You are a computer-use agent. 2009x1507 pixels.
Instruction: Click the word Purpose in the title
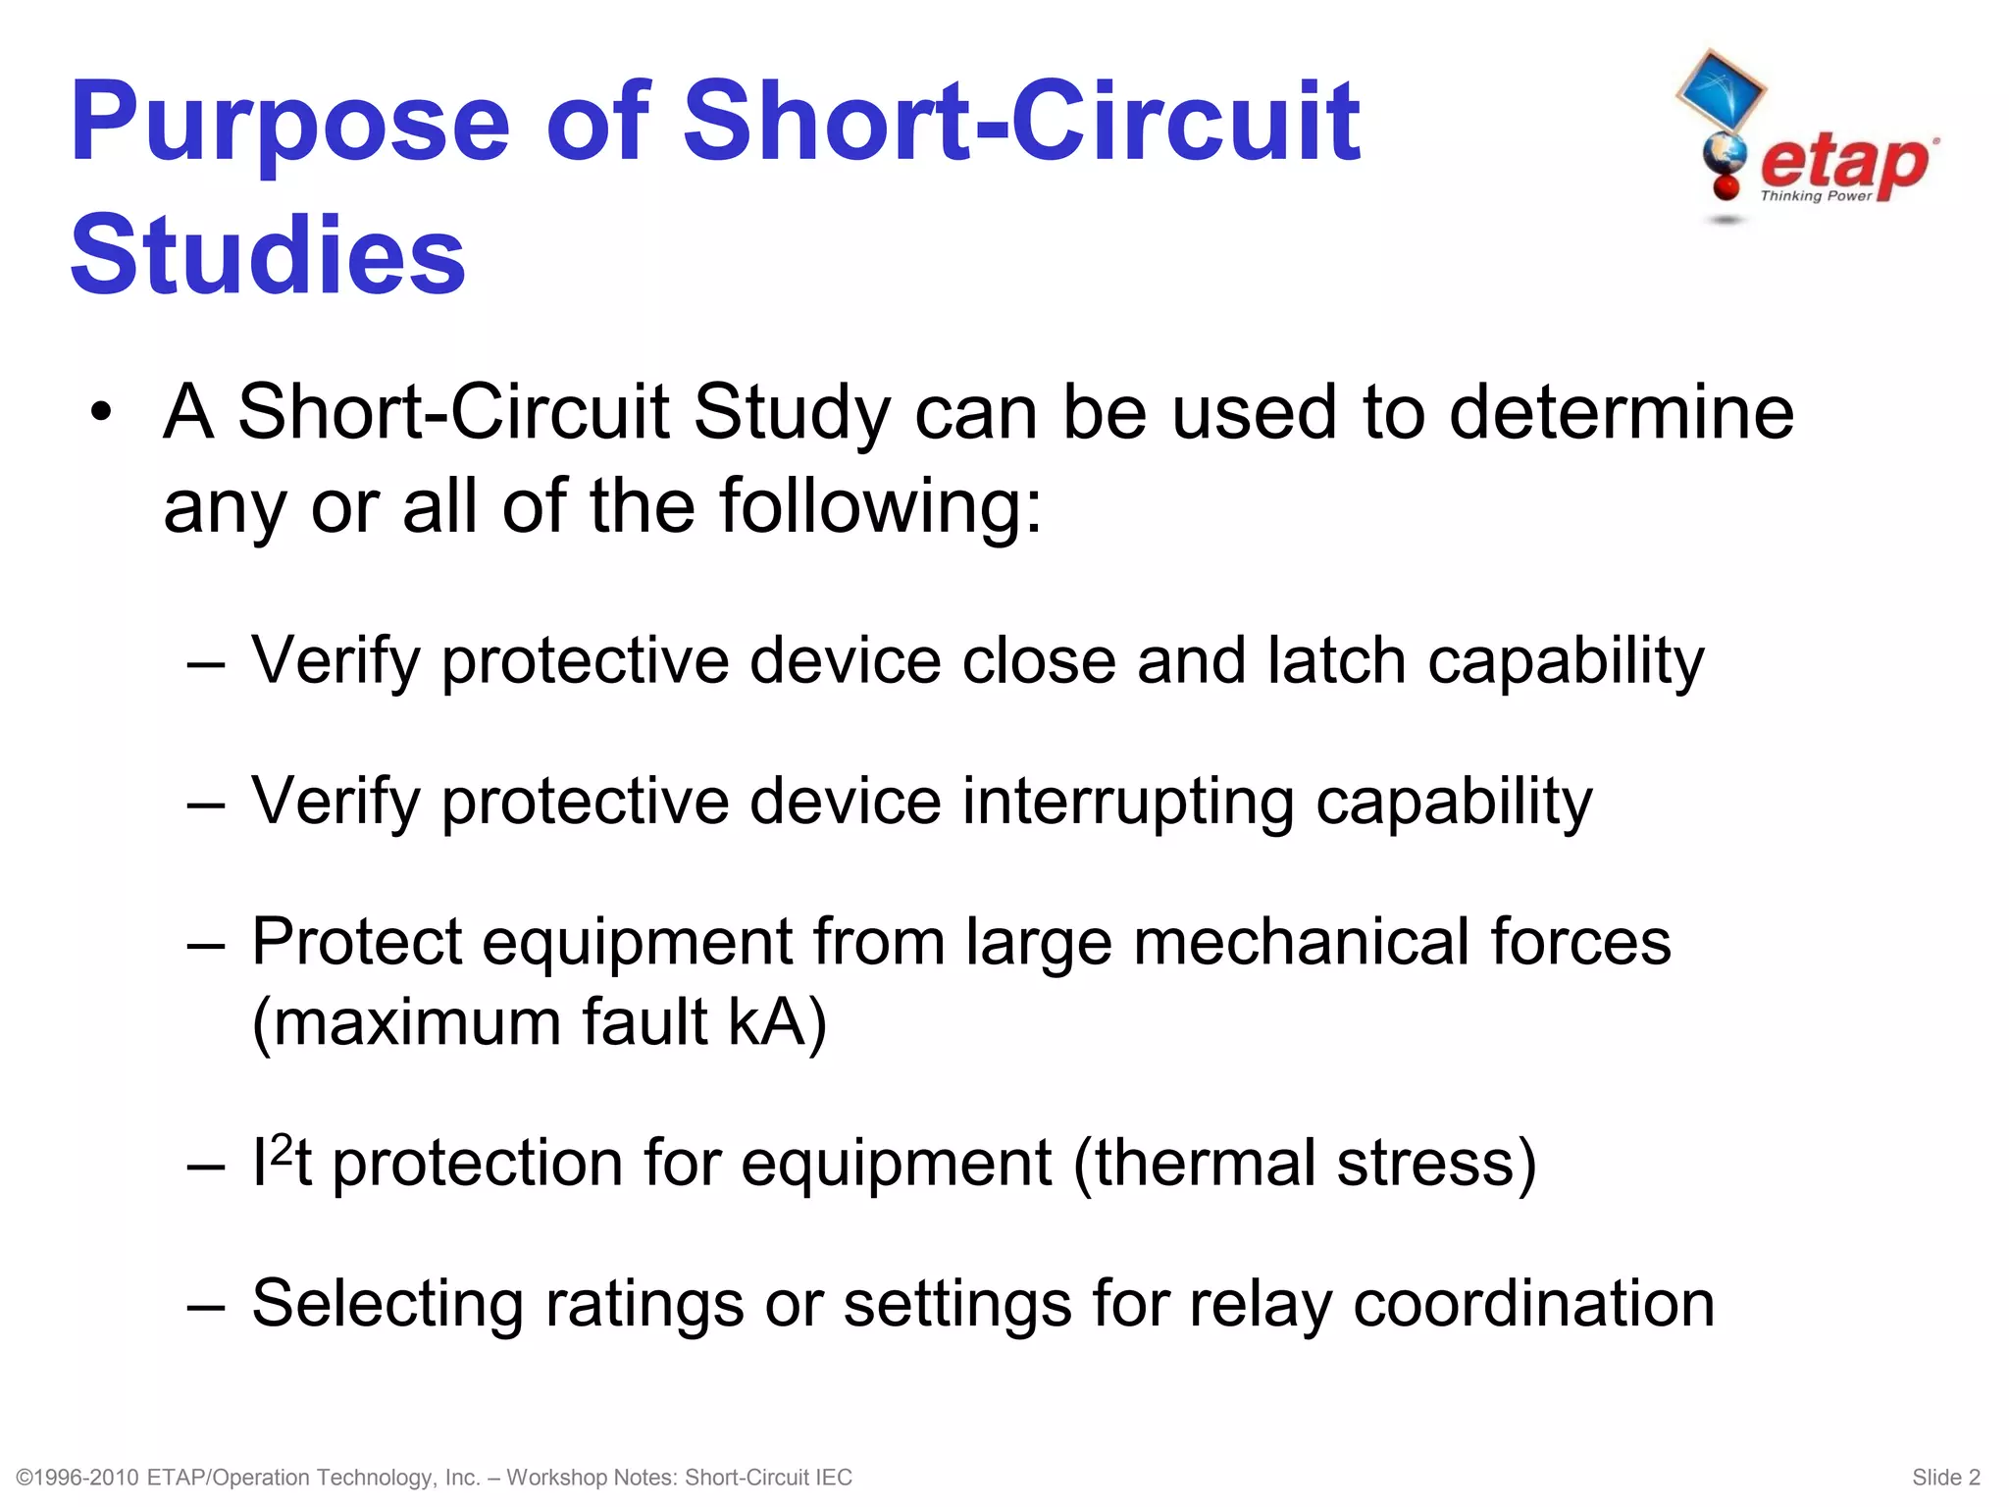coord(290,125)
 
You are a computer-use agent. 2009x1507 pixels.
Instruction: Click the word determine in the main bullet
coord(1621,412)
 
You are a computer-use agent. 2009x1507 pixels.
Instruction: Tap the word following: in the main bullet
coord(880,506)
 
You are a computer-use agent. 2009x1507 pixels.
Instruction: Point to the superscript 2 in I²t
coord(281,1148)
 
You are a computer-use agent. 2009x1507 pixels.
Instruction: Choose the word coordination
coord(1534,1304)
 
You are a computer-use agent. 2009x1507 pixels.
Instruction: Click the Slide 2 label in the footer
coord(1946,1478)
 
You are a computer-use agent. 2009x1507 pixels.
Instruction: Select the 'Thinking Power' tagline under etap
coord(1816,196)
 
